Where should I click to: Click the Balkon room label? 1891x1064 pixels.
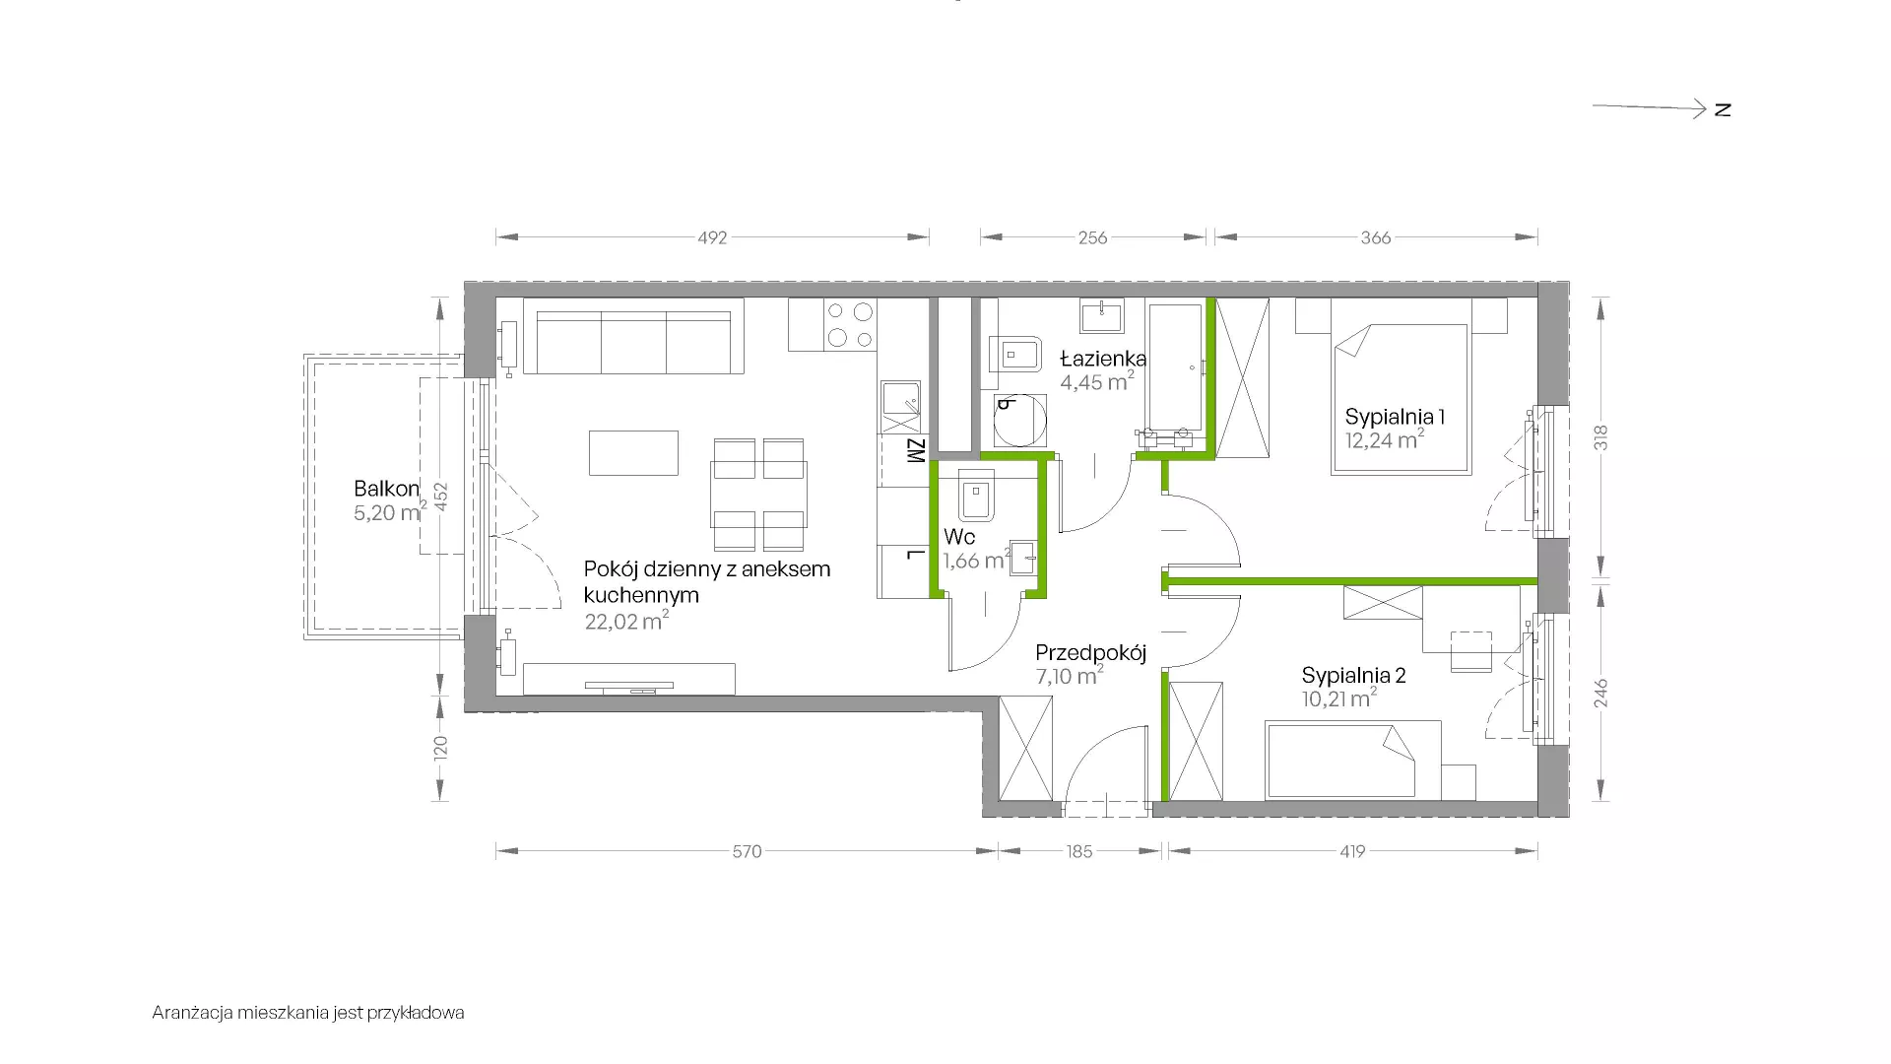pos(387,489)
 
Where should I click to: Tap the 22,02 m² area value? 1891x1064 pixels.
pos(626,621)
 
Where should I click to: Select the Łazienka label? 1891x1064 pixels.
pos(1103,359)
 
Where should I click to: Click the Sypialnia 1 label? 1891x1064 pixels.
pos(1395,417)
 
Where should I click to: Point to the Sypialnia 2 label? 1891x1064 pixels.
pos(1353,676)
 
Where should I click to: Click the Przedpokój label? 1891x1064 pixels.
pos(1091,652)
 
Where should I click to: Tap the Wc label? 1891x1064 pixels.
pos(959,537)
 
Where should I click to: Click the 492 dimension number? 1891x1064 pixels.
pos(712,237)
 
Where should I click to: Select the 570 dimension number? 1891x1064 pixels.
pos(747,851)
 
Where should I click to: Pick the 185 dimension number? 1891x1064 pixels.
pos(1079,851)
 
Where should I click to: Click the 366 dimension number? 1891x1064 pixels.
pos(1376,237)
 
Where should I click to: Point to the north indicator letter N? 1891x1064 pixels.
pos(1723,109)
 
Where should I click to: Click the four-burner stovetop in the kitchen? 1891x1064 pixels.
pos(850,325)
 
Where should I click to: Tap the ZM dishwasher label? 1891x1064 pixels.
pos(915,451)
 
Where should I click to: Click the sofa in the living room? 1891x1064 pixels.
pos(633,336)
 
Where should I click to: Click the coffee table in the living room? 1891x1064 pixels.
pos(633,452)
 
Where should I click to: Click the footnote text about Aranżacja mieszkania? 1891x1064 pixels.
pos(308,1013)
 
